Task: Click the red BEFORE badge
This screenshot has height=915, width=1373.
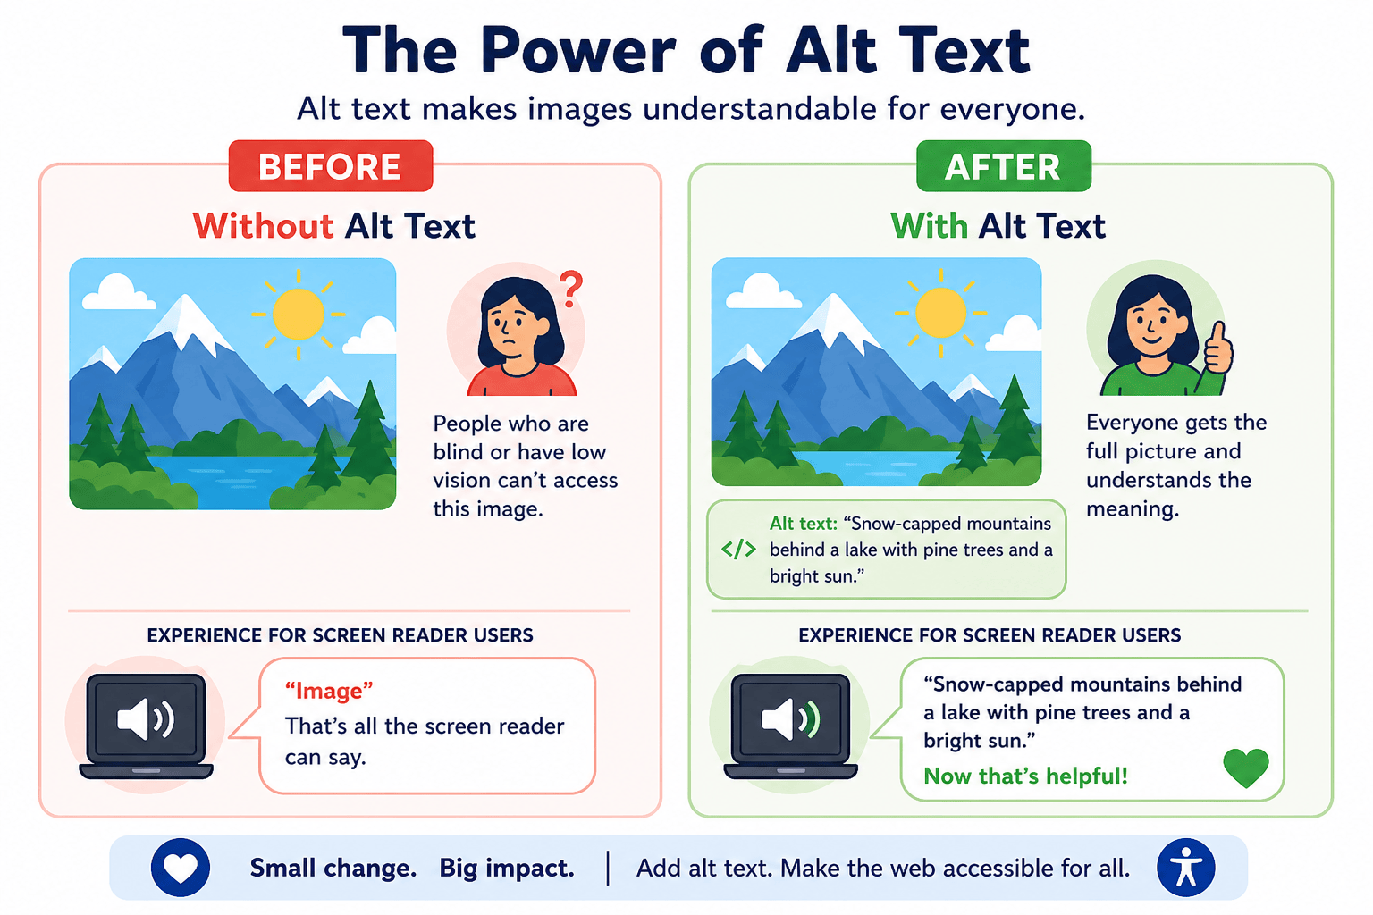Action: click(x=331, y=166)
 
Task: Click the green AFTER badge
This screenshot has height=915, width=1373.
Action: click(x=1004, y=166)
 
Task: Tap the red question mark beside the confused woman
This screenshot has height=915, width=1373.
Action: click(x=571, y=290)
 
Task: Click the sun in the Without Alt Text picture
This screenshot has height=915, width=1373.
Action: click(x=299, y=315)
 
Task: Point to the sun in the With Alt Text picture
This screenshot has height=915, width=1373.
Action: click(x=941, y=313)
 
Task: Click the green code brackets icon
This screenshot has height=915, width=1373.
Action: click(x=738, y=550)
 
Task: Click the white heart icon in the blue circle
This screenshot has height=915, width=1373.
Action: click(x=181, y=869)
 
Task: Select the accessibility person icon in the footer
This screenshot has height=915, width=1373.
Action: click(x=1186, y=868)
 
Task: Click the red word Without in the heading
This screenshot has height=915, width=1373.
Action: click(x=263, y=225)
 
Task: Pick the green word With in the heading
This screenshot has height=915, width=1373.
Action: click(x=930, y=225)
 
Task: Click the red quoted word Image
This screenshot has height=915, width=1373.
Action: click(x=329, y=691)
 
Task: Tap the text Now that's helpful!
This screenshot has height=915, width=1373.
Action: click(x=1025, y=776)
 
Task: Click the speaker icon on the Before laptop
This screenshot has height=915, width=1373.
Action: click(x=146, y=718)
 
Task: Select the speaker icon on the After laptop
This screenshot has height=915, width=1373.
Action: click(x=791, y=718)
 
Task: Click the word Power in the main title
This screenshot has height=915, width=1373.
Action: click(x=578, y=51)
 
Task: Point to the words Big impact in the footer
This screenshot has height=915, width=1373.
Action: click(x=507, y=868)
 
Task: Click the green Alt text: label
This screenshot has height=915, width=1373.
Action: click(x=803, y=524)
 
